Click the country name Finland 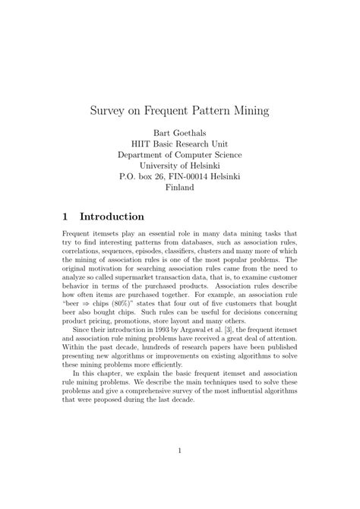tap(180, 186)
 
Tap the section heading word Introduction tap(113, 217)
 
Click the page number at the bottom tap(180, 451)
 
